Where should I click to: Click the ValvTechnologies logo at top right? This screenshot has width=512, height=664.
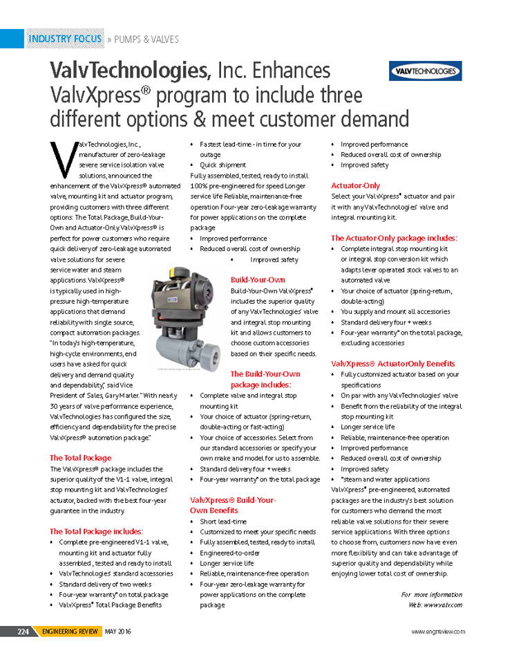(426, 71)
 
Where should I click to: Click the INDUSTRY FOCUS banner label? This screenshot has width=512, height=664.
(65, 39)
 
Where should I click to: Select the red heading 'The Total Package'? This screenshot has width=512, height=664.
(80, 458)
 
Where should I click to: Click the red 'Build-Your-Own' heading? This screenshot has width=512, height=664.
(258, 280)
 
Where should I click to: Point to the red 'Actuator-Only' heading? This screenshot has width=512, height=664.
(356, 185)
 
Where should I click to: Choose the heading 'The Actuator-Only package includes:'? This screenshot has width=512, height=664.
(394, 238)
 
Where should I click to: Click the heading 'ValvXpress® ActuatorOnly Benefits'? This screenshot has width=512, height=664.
(393, 363)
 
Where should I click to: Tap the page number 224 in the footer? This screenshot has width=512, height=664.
(23, 631)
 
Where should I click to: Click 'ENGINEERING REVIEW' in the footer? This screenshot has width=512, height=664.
(70, 631)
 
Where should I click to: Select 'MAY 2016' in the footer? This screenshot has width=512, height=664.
(118, 631)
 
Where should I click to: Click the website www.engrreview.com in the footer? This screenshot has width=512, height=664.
(438, 631)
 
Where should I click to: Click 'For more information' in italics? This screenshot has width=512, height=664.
(431, 594)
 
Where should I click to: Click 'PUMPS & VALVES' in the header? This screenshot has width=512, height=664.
(146, 39)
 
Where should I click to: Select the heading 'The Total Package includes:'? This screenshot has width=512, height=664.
(96, 531)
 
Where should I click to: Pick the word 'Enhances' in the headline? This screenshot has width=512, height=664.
(291, 71)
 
